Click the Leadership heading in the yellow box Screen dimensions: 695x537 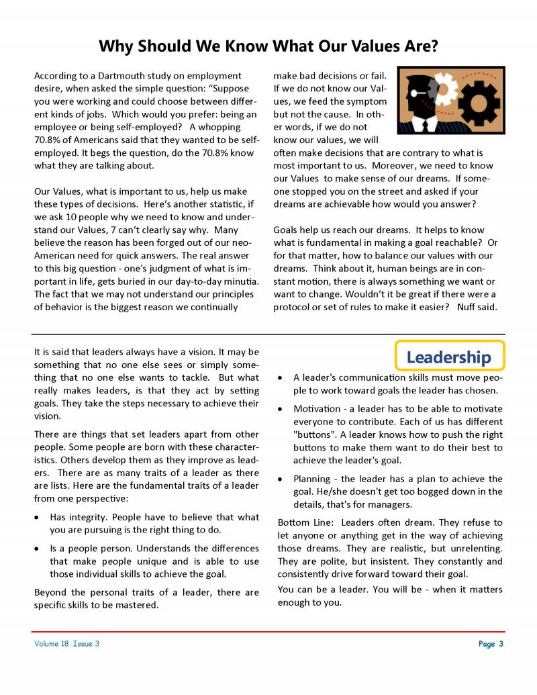[448, 357]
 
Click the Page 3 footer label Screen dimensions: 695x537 [491, 644]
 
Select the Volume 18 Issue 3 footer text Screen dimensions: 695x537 [67, 644]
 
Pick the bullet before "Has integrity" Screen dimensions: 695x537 [38, 518]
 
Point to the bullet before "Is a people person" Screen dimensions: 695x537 [38, 549]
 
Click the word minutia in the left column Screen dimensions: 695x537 [236, 281]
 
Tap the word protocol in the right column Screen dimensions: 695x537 [293, 307]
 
